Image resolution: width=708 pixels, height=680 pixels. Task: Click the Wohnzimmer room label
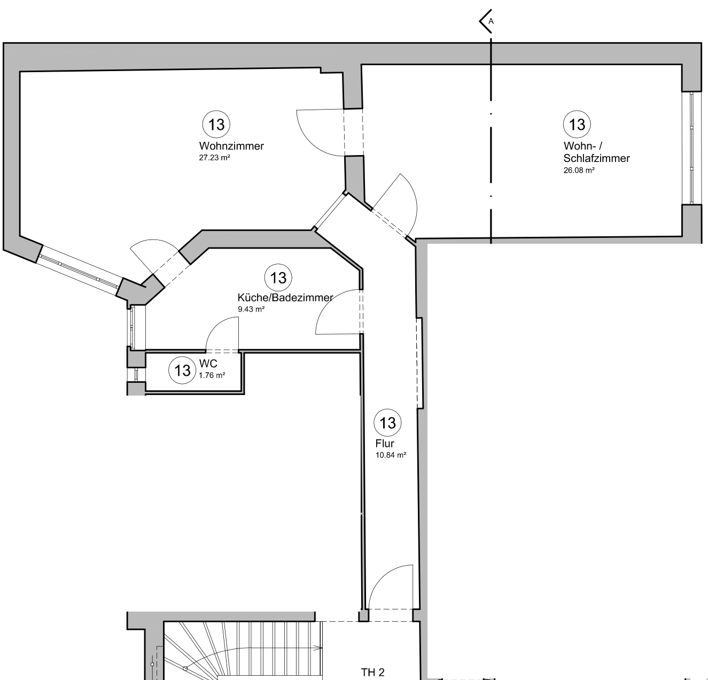231,146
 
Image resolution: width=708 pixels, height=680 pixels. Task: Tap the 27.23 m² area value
214,158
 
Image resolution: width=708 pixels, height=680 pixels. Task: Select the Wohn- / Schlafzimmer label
596,152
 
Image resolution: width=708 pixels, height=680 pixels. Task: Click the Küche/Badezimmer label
285,298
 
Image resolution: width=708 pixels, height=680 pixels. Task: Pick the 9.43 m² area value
251,309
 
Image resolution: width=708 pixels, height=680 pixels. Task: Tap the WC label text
208,364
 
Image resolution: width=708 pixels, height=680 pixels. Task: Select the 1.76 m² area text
212,375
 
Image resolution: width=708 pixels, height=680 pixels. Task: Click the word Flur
385,444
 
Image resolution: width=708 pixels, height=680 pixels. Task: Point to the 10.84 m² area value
391,455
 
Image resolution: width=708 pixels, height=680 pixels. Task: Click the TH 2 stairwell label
372,673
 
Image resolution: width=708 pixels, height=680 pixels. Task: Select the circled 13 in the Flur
387,423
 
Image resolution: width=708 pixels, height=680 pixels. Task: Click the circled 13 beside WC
183,370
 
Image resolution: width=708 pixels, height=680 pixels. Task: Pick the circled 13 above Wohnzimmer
216,125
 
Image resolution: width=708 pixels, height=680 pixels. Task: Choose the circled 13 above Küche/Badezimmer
278,278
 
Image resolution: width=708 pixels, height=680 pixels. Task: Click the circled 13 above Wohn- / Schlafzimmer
577,125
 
